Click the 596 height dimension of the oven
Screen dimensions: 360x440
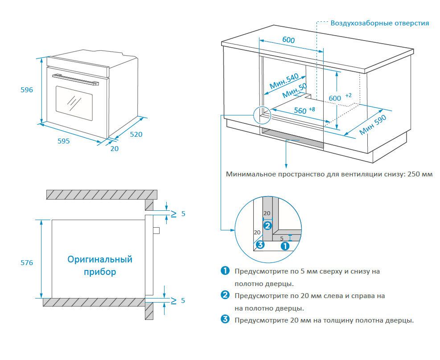point(27,90)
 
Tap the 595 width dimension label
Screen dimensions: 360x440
point(64,141)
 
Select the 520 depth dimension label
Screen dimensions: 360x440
point(136,134)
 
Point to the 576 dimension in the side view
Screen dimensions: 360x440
point(27,263)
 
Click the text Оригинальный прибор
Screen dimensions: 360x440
point(100,265)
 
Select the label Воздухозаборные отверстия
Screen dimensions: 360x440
point(379,23)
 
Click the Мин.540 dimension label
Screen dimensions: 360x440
point(284,81)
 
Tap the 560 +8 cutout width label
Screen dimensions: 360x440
point(304,110)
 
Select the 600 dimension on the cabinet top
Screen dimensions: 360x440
point(288,40)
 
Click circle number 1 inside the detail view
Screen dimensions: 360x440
point(286,245)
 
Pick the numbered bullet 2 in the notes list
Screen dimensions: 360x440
point(225,295)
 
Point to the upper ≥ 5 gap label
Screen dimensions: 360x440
point(177,214)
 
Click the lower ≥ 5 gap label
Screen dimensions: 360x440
point(177,300)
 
